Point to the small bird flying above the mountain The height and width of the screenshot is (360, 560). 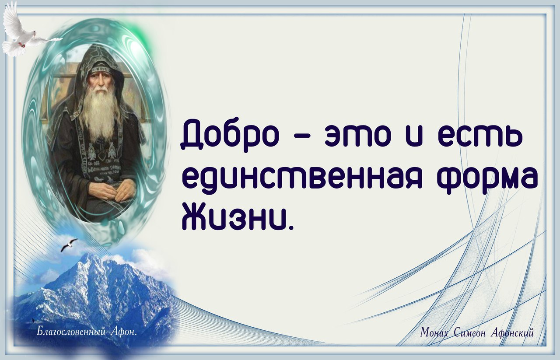(69, 245)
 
